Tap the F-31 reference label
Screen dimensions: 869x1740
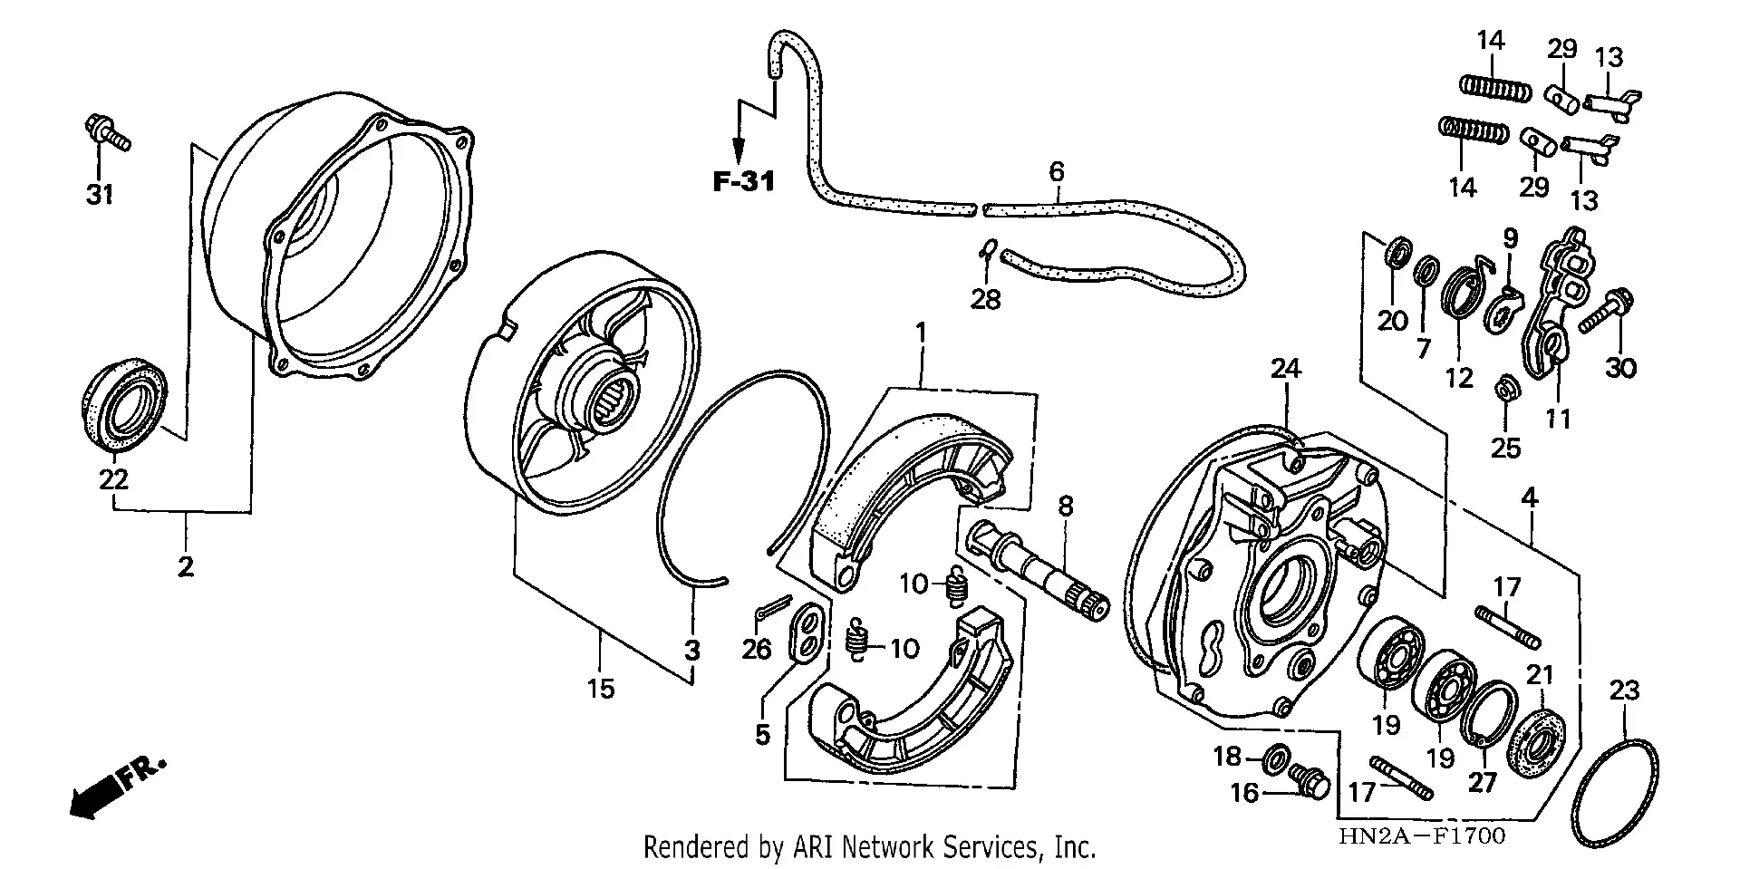point(743,182)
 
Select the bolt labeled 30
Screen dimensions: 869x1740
point(1605,309)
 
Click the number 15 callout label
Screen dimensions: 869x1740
point(600,689)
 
